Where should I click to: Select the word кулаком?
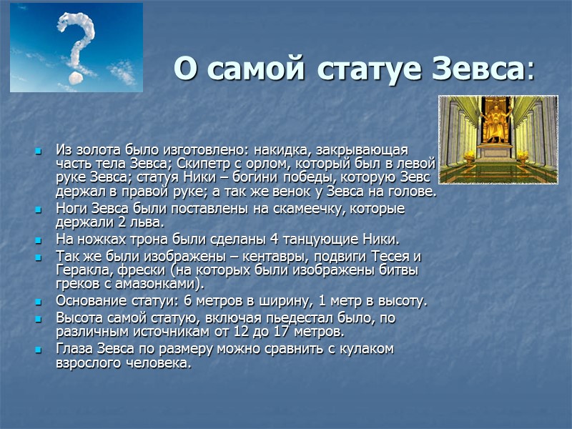click(363, 349)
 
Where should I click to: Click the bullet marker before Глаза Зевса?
click(39, 350)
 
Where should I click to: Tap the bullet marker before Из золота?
click(39, 152)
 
